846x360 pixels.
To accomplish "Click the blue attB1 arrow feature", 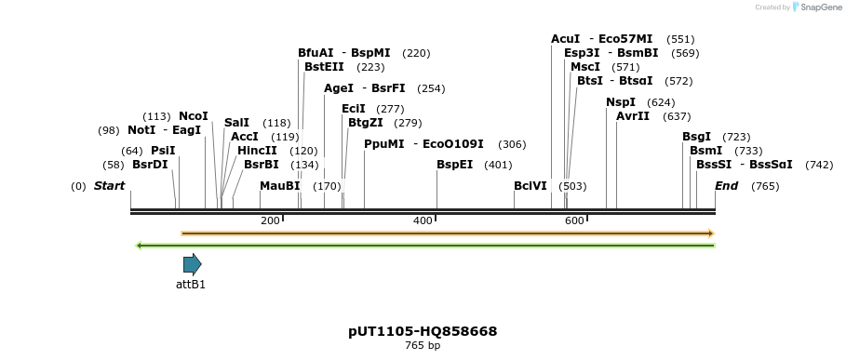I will [192, 264].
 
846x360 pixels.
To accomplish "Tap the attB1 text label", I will [191, 285].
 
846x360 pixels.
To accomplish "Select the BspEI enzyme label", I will [454, 165].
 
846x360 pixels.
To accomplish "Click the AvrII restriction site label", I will [633, 116].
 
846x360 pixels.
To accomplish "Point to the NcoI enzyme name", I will [194, 116].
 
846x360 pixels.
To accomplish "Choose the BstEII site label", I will [324, 67].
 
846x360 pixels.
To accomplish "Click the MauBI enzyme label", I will [279, 186].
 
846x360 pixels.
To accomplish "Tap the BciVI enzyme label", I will [530, 186].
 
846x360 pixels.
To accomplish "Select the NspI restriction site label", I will [621, 102].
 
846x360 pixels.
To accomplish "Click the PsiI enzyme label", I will [163, 151].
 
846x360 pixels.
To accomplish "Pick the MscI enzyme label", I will [585, 67].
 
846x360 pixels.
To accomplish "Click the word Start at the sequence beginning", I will [109, 186].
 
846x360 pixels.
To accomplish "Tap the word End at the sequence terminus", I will [726, 186].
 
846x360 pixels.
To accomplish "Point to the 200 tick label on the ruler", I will [270, 220].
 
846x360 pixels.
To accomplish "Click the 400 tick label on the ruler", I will [423, 220].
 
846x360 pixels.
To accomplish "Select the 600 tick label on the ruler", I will [574, 220].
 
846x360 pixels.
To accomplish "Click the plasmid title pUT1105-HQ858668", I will [423, 331].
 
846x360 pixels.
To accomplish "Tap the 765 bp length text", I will [423, 346].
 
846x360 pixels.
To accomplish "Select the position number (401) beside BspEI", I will [498, 165].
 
